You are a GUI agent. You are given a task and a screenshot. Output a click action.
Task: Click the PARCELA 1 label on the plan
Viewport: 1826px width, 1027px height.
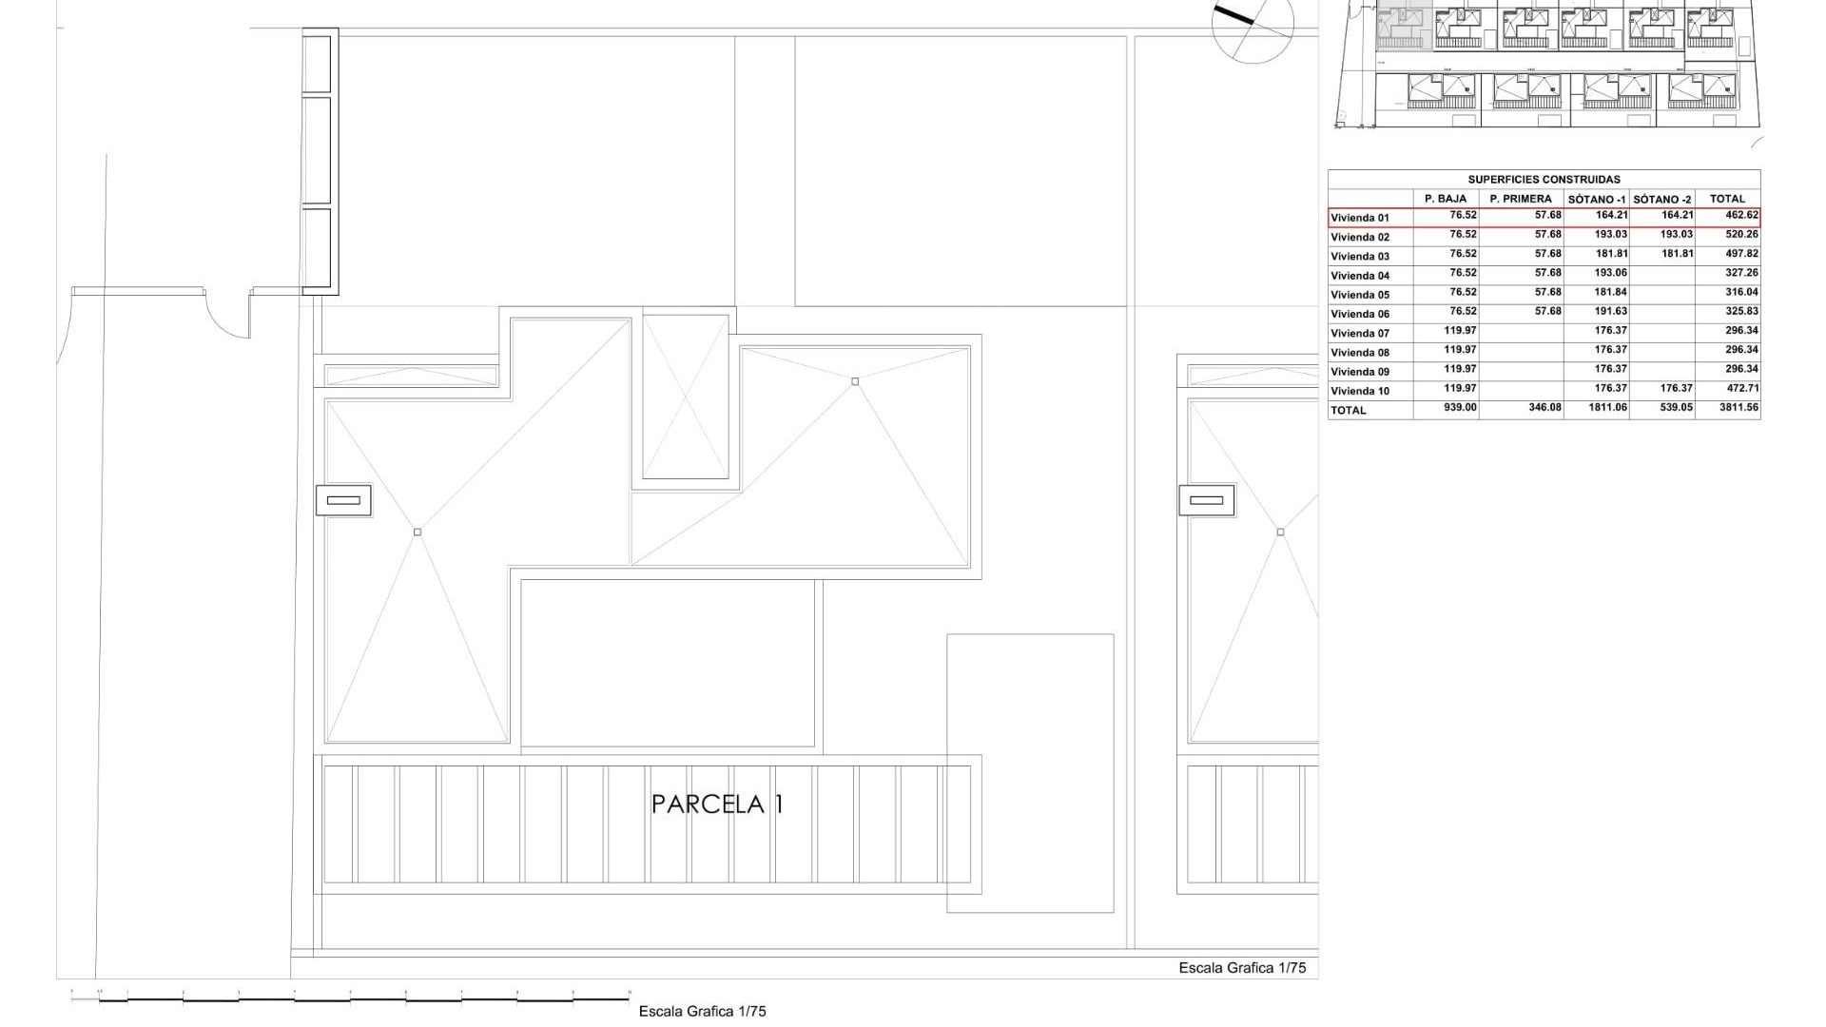(717, 804)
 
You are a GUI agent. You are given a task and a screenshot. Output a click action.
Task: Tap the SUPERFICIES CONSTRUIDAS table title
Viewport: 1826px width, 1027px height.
(1544, 180)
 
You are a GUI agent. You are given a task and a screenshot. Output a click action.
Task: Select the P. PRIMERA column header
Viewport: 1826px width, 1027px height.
(1521, 199)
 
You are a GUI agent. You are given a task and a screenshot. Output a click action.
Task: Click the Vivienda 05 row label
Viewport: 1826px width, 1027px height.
(1360, 295)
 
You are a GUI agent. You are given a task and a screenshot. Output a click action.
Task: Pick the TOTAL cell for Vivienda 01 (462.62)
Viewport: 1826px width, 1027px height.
(1741, 216)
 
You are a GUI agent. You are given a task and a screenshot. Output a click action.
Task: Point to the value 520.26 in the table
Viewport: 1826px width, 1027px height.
(1741, 235)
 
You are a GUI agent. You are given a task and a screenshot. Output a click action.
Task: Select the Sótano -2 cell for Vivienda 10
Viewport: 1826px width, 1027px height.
(1676, 389)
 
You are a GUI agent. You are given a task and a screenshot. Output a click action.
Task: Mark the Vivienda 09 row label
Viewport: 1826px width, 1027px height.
(1360, 372)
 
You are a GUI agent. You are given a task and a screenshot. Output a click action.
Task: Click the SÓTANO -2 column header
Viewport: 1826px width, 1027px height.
(1662, 200)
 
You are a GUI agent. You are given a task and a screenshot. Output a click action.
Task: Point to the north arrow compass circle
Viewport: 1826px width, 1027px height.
(1253, 25)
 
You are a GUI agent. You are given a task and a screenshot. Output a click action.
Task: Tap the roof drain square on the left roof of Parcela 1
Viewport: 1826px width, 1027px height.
(418, 533)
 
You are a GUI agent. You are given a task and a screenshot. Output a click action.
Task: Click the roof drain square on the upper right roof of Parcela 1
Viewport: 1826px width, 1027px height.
(855, 382)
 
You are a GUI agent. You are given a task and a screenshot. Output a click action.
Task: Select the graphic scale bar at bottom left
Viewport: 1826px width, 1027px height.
(351, 998)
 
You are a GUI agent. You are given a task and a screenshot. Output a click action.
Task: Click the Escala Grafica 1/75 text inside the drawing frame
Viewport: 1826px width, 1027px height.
(1242, 968)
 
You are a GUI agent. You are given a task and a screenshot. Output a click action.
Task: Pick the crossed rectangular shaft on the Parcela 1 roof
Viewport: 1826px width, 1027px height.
(686, 397)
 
